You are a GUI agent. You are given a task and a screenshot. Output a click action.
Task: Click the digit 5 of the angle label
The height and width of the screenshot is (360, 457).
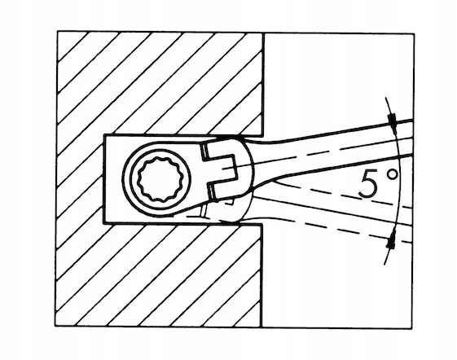(369, 185)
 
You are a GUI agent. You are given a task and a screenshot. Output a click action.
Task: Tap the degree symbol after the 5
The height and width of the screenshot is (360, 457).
(392, 175)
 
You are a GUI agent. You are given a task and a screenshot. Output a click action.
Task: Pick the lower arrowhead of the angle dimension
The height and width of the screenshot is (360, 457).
(391, 241)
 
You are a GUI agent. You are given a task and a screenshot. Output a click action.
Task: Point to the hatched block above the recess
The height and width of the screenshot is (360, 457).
(160, 83)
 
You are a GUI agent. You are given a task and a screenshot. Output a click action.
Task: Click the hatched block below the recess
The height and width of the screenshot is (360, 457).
(159, 275)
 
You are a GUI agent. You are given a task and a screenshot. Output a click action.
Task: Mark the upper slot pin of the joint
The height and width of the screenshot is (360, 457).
(204, 151)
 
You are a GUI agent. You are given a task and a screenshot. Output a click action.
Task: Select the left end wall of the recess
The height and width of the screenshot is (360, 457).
(104, 179)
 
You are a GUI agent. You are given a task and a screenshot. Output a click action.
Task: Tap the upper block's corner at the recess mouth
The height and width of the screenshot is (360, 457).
(264, 136)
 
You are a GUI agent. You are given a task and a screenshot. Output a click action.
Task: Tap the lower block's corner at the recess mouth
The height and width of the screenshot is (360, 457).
(261, 224)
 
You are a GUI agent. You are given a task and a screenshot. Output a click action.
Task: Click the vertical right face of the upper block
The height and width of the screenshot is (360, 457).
(264, 85)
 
